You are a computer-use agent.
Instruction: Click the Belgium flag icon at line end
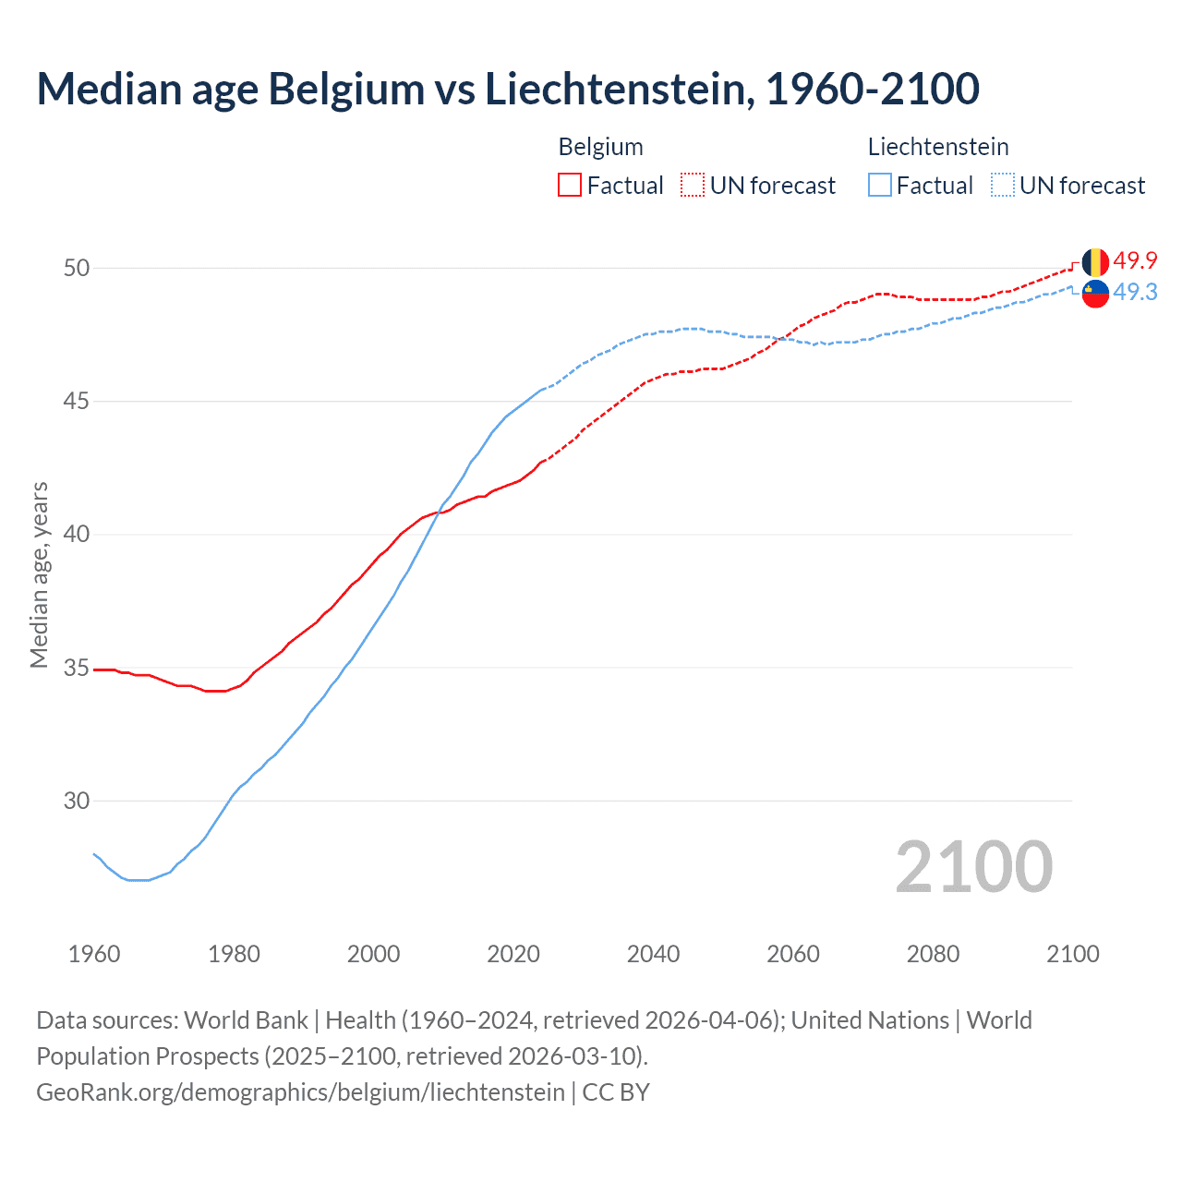pos(1095,262)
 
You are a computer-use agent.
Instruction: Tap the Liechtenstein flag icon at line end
pos(1095,293)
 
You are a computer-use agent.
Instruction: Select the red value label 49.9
pos(1135,261)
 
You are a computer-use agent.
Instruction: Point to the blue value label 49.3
pos(1135,293)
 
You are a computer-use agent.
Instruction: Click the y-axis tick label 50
pos(77,269)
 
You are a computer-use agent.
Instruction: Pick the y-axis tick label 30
pos(77,802)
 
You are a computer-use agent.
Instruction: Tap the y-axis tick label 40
pos(77,535)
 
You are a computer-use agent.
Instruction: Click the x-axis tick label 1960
pos(94,954)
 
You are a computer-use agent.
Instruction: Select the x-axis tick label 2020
pos(513,954)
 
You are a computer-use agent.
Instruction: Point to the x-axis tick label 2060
pos(793,954)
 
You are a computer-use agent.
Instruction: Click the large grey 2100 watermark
pos(973,867)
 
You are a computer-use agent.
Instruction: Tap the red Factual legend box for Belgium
pos(570,186)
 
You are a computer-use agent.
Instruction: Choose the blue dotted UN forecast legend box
pos(1003,186)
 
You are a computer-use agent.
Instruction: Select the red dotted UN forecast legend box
pos(693,186)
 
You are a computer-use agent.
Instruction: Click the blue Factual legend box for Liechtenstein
pos(880,186)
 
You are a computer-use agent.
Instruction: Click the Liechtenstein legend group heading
pos(938,147)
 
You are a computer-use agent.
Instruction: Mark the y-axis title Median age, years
pos(39,574)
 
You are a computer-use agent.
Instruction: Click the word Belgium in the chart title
pos(346,90)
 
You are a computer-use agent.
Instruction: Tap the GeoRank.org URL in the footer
pos(300,1092)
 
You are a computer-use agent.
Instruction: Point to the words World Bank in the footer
pos(246,1020)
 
